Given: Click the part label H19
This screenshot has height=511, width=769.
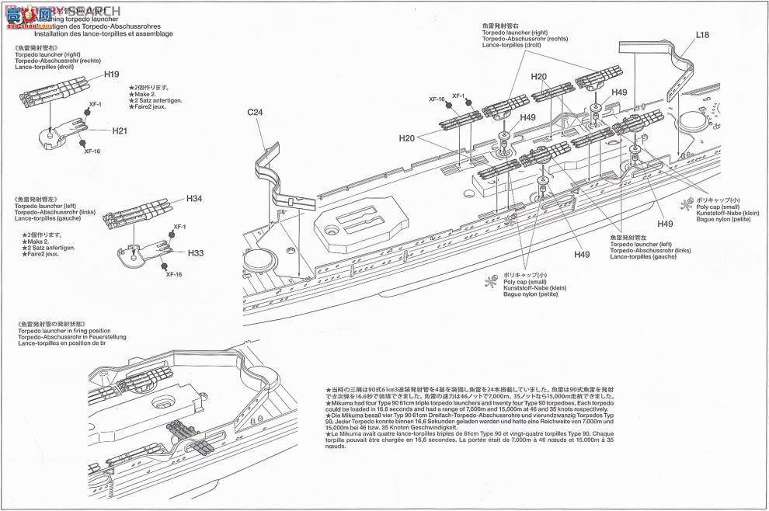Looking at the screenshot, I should [111, 75].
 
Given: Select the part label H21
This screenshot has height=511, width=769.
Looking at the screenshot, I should [119, 131].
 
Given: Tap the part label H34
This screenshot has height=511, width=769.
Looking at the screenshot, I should [194, 199].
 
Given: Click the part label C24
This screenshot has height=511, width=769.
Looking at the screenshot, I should [256, 113].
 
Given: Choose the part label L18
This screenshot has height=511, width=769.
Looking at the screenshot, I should [702, 35].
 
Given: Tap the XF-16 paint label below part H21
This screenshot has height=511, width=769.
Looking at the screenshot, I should [92, 151].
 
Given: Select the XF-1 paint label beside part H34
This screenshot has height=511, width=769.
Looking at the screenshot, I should [179, 227].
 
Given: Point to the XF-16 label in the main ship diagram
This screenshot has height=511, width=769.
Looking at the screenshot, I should [436, 99].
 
